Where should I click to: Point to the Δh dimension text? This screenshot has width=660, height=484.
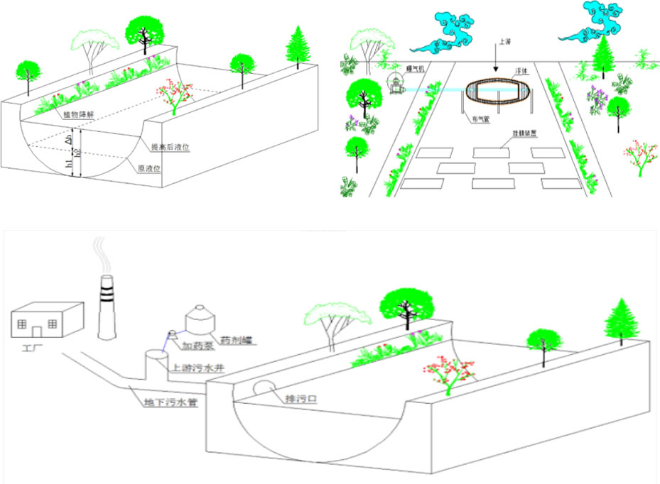(x=69, y=141)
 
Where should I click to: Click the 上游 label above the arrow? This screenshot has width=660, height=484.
(x=505, y=42)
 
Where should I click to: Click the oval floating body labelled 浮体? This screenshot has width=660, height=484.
(x=498, y=94)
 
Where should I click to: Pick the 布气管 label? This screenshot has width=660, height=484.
(x=481, y=120)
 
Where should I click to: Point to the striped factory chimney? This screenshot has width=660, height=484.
(x=104, y=304)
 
